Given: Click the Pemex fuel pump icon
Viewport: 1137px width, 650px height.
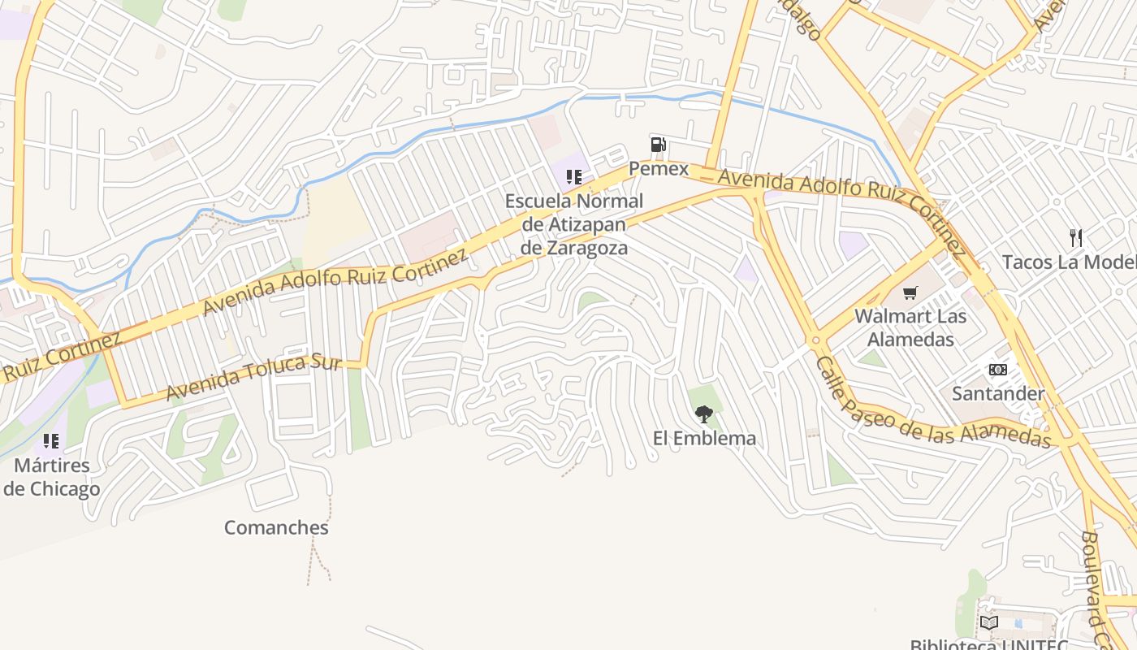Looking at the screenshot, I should pos(658,145).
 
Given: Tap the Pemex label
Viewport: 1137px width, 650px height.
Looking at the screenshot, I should pos(659,169).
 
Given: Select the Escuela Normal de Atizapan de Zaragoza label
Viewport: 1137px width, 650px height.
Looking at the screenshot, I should pos(574,224).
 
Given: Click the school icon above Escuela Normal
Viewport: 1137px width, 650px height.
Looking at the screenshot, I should pos(574,177).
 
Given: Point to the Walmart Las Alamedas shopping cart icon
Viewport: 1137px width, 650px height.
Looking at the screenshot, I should pos(910,292).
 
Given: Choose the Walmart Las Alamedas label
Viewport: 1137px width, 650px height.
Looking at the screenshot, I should pos(910,327).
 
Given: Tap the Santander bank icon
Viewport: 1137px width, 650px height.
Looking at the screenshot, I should pos(997,370).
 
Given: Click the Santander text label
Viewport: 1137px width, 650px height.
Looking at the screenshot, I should pos(998,394).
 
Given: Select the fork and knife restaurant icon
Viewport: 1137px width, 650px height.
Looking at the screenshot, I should pos(1076,238).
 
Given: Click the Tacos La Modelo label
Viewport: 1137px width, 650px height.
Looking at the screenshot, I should pos(1069,262).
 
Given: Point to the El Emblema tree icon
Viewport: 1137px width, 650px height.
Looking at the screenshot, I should pos(703,415).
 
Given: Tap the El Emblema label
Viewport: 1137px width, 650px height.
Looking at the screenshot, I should pos(704,439).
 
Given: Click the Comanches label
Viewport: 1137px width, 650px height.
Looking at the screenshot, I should pos(276,528).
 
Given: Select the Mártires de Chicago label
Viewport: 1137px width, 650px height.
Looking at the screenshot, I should pos(52,478).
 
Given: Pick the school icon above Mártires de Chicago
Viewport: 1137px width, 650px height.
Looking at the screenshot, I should pos(51,441).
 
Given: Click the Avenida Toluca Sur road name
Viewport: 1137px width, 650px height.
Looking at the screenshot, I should pos(253,377).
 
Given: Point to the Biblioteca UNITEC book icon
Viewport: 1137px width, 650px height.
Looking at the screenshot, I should pos(988,623).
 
